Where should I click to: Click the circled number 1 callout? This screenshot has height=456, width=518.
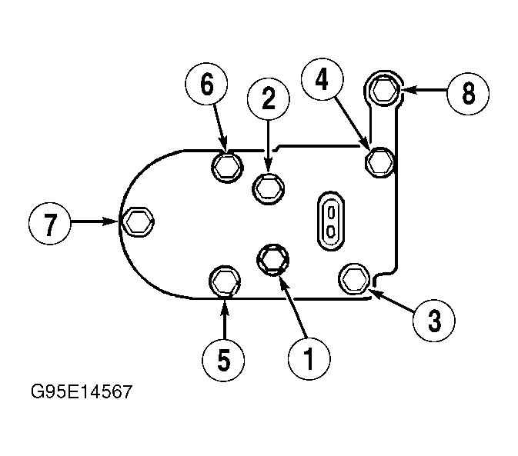coord(309,358)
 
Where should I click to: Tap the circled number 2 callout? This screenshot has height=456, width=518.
coord(269,99)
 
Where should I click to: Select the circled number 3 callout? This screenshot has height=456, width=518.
coord(434,321)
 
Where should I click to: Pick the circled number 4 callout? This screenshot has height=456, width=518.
coord(322,79)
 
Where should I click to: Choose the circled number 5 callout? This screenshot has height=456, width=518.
coord(223,361)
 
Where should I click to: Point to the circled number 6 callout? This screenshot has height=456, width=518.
coord(206,84)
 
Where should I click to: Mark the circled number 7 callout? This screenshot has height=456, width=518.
coord(49,223)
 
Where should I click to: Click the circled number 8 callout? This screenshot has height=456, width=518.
coord(468,94)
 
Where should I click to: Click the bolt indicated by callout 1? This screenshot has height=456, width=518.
coord(273,260)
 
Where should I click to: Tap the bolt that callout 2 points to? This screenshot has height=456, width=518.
coord(269,189)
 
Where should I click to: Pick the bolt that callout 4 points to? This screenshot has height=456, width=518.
coord(380,162)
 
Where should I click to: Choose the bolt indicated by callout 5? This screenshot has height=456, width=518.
coord(225,281)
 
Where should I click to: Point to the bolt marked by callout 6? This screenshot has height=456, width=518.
coord(227,167)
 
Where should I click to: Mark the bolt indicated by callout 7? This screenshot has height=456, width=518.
coord(138,221)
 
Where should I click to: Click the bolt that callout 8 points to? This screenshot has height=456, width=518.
coord(384,89)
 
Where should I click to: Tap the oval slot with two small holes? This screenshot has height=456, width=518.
coord(331,221)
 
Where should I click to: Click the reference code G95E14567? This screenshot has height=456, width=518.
coord(82,391)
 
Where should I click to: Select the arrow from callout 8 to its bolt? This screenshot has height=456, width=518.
coord(424,90)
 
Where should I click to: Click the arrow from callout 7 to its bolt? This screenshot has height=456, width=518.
coord(95,221)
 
